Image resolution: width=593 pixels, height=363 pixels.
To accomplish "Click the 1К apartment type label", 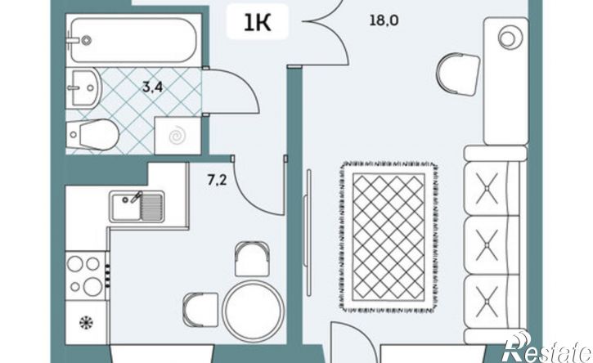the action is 257,23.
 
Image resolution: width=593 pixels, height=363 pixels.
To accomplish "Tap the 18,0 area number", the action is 384,20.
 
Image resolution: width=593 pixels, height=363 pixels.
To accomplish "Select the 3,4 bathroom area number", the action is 152,87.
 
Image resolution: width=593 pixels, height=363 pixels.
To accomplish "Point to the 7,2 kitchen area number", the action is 217,180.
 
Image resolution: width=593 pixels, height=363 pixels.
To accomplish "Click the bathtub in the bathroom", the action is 133,40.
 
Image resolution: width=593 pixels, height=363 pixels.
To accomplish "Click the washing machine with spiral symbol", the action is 177,136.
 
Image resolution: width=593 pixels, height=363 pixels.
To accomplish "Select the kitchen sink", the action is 137,207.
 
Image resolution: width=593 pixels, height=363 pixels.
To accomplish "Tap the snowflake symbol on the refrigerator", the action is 86,323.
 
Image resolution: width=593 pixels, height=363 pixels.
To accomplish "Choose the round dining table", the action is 253,311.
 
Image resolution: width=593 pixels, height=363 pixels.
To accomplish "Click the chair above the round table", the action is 252,259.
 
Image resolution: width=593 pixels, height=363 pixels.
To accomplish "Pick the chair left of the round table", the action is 201,310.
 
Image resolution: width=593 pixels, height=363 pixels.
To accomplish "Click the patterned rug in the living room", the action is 389,237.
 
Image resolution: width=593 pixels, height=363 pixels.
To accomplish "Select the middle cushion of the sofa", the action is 492,245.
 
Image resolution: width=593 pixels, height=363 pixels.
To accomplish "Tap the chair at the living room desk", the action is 458,74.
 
